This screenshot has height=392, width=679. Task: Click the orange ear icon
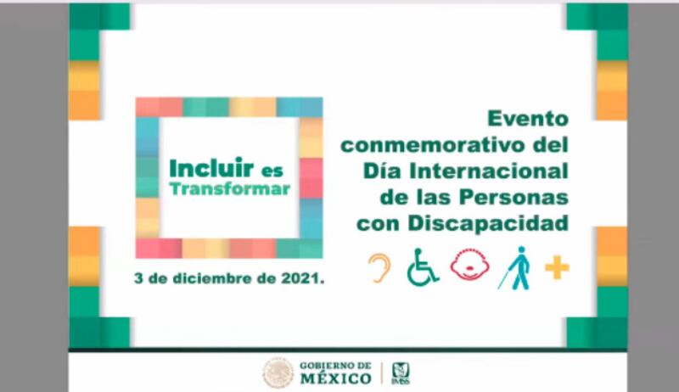[x=379, y=268]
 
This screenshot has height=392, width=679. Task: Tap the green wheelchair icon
[x=423, y=267]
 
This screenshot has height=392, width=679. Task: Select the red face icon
[x=470, y=265]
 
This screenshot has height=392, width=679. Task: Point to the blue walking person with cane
[x=515, y=268]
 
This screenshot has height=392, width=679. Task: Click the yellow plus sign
[x=557, y=268]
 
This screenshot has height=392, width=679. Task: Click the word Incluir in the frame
[x=211, y=168]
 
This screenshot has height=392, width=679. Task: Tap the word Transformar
[x=229, y=189]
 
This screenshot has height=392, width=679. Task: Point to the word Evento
[x=528, y=119]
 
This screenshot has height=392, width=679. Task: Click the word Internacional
[x=489, y=171]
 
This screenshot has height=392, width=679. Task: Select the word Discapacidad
[x=488, y=223]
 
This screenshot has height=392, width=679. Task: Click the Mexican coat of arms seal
[x=278, y=373]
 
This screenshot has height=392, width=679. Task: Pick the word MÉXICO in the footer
[x=336, y=378]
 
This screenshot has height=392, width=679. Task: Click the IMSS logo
[x=401, y=373]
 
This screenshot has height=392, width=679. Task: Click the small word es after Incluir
[x=272, y=171]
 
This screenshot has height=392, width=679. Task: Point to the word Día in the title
[x=384, y=171]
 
